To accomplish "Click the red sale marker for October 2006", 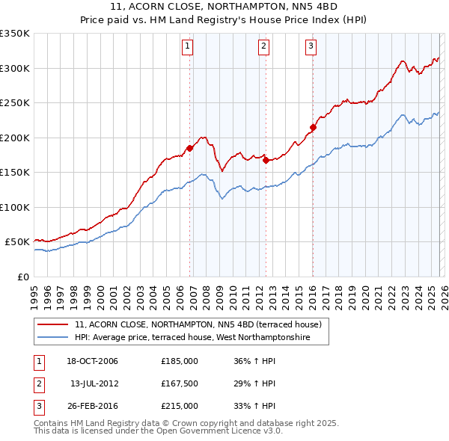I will pyautogui.click(x=189, y=148).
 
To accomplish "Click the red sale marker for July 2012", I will pyautogui.click(x=266, y=160).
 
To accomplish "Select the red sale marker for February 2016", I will pyautogui.click(x=313, y=127).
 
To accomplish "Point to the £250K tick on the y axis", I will pyautogui.click(x=15, y=103).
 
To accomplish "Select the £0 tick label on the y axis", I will pyautogui.click(x=23, y=277).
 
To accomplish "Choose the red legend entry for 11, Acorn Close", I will pyautogui.click(x=198, y=325).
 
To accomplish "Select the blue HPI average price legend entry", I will pyautogui.click(x=202, y=338).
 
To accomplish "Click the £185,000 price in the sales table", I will pyautogui.click(x=180, y=361).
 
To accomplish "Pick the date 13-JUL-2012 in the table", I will pyautogui.click(x=94, y=383).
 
